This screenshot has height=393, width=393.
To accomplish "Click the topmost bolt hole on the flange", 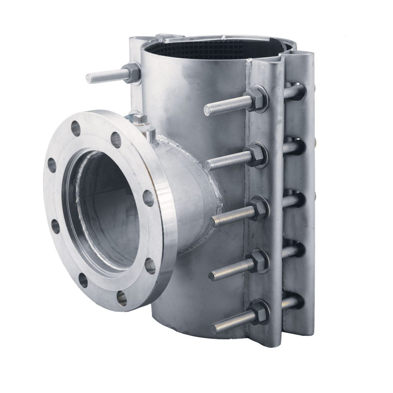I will pos(76,129).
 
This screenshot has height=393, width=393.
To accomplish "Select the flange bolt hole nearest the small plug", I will pos(116,140).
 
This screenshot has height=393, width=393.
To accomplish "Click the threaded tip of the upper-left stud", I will pos(89,78).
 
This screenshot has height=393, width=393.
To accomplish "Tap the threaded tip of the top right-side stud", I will pos(208,110).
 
